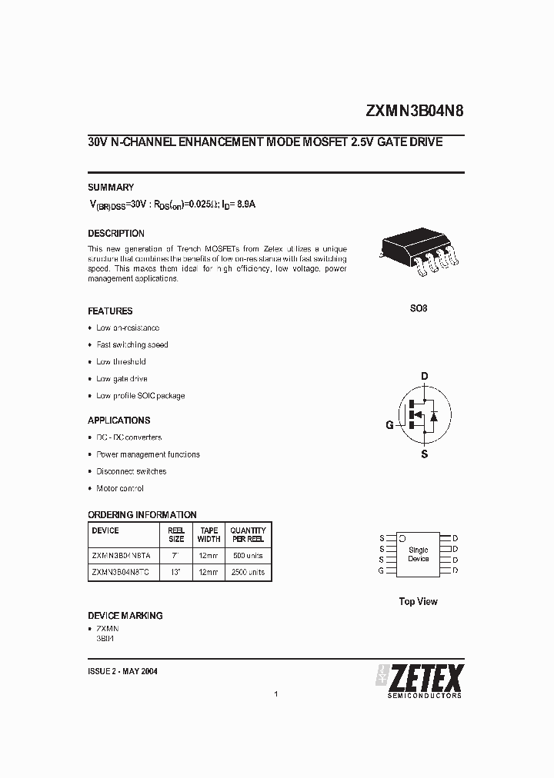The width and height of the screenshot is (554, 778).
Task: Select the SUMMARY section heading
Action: [111, 188]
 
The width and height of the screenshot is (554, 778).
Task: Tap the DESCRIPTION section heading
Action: [116, 233]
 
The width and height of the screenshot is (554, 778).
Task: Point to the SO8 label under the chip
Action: [418, 308]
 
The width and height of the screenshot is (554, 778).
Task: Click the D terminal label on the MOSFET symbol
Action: [424, 376]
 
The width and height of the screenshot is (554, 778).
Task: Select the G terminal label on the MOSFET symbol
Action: [390, 425]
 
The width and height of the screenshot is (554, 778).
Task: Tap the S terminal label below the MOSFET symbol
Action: [424, 454]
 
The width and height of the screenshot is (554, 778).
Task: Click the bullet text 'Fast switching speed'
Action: [132, 345]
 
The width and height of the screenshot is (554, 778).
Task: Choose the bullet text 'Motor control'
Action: [120, 488]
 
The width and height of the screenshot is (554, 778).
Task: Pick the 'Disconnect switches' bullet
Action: [131, 471]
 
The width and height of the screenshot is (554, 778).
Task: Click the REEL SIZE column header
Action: [176, 534]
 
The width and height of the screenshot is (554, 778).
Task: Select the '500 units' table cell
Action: [248, 554]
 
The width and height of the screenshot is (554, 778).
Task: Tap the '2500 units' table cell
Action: [248, 572]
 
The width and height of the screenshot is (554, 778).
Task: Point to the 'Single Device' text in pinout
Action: [418, 554]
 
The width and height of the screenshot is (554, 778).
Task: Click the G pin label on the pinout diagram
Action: [382, 570]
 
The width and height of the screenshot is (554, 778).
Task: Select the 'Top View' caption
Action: [418, 602]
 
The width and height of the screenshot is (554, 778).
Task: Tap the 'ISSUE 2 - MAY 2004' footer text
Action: [123, 671]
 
